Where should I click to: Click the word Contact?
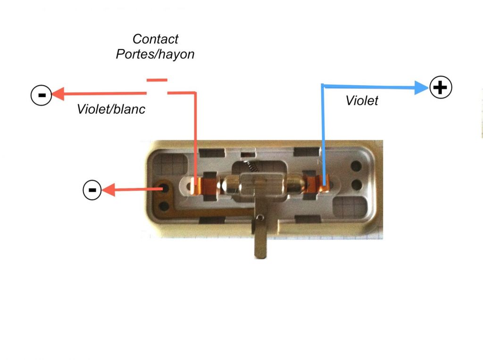pyautogui.click(x=155, y=39)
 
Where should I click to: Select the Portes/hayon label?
pyautogui.click(x=155, y=54)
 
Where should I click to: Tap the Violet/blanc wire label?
pyautogui.click(x=111, y=109)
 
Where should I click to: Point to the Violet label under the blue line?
pyautogui.click(x=362, y=100)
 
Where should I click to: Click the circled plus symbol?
pyautogui.click(x=441, y=87)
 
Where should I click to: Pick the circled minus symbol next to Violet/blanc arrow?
pyautogui.click(x=42, y=95)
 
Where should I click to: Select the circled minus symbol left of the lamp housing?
pyautogui.click(x=92, y=190)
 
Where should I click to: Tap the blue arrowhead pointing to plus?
pyautogui.click(x=421, y=88)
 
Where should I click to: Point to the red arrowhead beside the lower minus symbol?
pyautogui.click(x=108, y=190)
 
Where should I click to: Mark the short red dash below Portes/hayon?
pyautogui.click(x=157, y=80)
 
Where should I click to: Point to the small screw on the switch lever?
pyautogui.click(x=260, y=218)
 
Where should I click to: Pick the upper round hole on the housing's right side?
pyautogui.click(x=357, y=166)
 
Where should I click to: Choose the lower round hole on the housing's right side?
pyautogui.click(x=357, y=185)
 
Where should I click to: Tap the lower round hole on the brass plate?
pyautogui.click(x=164, y=206)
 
